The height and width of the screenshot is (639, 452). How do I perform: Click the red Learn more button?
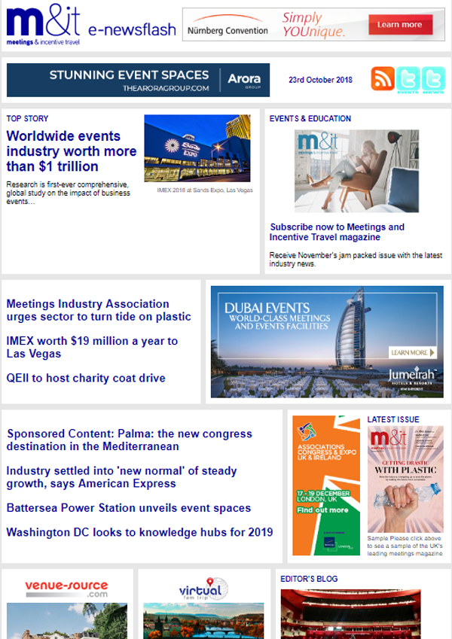pos(400,25)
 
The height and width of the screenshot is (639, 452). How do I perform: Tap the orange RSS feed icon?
pos(383,79)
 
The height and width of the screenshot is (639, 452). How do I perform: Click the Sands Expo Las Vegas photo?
pos(197,148)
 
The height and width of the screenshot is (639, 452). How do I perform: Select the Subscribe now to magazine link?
pos(337,232)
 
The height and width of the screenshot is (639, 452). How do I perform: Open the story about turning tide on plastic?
pos(99,310)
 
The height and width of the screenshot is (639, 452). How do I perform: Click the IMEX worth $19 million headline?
pos(92,347)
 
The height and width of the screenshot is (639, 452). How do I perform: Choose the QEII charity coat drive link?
pos(86,378)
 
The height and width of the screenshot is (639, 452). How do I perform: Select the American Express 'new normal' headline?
pos(121,477)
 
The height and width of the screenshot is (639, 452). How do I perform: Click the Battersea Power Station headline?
pos(129,508)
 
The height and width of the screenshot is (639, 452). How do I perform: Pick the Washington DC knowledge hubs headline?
pos(139,532)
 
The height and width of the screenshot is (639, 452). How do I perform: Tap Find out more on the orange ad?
pos(322,510)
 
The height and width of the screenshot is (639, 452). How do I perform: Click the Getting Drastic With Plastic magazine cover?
pos(406,479)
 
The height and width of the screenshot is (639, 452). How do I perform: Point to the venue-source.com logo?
pos(66,587)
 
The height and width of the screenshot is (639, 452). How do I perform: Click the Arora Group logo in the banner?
pos(243,79)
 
